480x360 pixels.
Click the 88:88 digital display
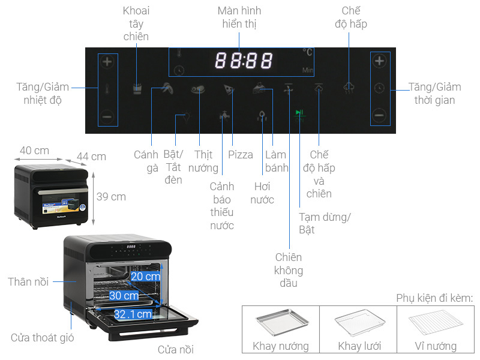pos(244,61)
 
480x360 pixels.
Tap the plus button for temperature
pos(107,61)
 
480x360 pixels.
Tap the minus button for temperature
pos(107,116)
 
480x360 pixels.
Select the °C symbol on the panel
pos(308,52)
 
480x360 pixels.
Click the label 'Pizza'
pos(241,155)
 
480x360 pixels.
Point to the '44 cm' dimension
pos(91,157)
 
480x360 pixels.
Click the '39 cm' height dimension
pos(110,196)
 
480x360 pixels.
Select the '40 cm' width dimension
pos(34,150)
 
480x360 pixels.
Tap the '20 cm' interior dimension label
pos(145,277)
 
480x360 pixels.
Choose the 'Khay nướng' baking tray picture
pos(280,325)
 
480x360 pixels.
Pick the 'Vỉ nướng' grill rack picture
pos(435,325)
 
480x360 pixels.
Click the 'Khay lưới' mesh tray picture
pos(358,325)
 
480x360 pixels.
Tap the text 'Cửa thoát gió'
pos(43,338)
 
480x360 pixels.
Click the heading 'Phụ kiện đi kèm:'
pos(434,298)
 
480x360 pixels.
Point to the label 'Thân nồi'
pos(28,281)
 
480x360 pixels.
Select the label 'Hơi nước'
pos(262,193)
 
